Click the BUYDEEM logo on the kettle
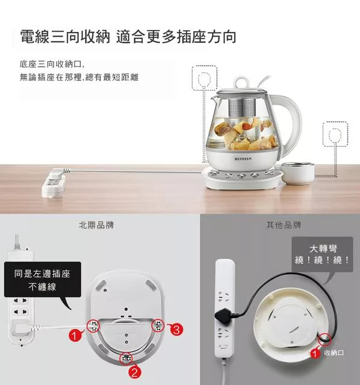(243, 159)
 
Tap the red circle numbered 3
(176, 330)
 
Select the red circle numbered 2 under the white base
(135, 372)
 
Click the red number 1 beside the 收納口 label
(314, 354)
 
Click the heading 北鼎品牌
(96, 225)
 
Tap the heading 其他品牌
(284, 225)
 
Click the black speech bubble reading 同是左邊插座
(43, 279)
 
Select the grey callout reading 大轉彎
(323, 254)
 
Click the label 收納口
(334, 353)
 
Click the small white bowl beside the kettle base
(297, 173)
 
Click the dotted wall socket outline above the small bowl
(335, 134)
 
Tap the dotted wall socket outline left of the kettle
(205, 78)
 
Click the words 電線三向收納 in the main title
(65, 37)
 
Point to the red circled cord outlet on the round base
(324, 339)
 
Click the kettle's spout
(214, 99)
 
